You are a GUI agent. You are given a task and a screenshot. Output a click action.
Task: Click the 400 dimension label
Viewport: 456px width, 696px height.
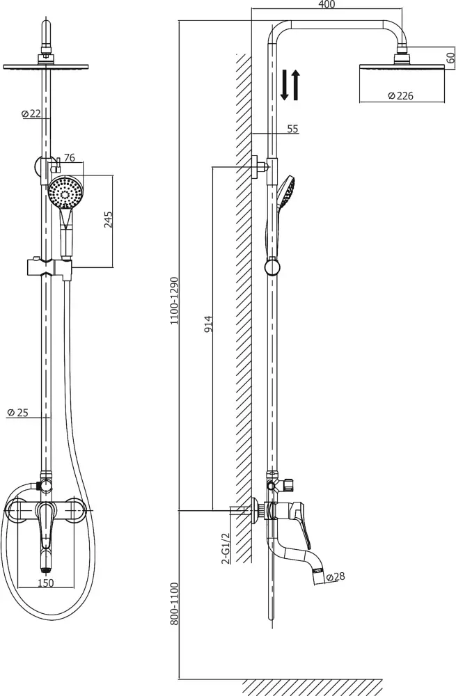click(327, 4)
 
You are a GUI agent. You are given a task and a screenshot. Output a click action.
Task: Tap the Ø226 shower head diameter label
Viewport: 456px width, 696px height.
click(400, 95)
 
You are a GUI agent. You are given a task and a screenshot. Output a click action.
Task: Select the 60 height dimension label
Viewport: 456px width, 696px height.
click(450, 58)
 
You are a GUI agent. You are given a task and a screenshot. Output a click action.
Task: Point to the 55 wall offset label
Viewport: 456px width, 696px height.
click(292, 129)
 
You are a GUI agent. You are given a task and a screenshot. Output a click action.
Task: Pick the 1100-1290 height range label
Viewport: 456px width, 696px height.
click(174, 301)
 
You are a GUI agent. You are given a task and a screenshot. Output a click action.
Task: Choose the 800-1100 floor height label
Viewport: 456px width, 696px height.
click(174, 604)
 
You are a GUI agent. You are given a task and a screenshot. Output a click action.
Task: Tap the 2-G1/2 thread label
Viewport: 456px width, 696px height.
click(226, 548)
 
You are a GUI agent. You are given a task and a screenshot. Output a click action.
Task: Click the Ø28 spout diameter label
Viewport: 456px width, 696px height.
click(336, 577)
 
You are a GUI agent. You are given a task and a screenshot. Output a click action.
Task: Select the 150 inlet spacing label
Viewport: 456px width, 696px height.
click(45, 583)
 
